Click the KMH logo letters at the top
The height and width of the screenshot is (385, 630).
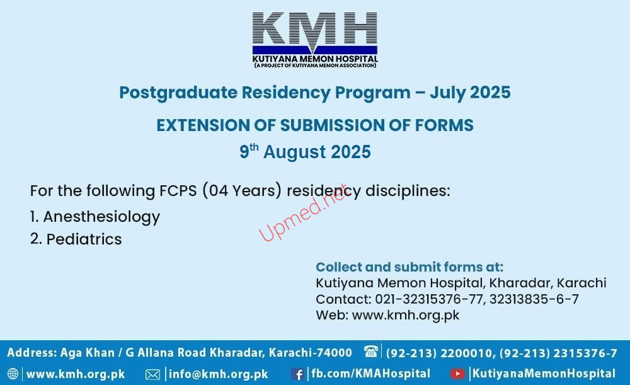pyautogui.click(x=314, y=29)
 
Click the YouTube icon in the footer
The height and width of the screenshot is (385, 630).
pyautogui.click(x=457, y=374)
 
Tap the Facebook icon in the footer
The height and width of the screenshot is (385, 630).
pyautogui.click(x=297, y=374)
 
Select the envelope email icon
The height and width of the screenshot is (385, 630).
pyautogui.click(x=152, y=374)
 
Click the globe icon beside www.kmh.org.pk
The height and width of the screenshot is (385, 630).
pyautogui.click(x=13, y=374)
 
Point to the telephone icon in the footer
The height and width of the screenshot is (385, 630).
pyautogui.click(x=371, y=351)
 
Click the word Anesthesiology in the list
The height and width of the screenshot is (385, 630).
pyautogui.click(x=101, y=217)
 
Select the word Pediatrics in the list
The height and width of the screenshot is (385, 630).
pyautogui.click(x=84, y=239)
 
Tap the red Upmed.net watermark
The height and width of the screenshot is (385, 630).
pyautogui.click(x=303, y=212)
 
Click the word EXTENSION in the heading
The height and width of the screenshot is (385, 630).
pyautogui.click(x=202, y=125)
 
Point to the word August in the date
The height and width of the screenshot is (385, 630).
pyautogui.click(x=294, y=152)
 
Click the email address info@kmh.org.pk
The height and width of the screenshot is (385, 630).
pyautogui.click(x=218, y=374)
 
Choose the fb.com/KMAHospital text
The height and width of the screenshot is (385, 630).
pyautogui.click(x=370, y=374)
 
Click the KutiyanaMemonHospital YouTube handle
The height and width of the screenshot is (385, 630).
pyautogui.click(x=544, y=374)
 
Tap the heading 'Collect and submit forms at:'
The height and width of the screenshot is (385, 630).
pyautogui.click(x=409, y=267)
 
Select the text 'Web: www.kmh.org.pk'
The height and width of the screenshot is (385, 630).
pyautogui.click(x=387, y=316)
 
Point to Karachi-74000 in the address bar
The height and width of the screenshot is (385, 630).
pyautogui.click(x=310, y=352)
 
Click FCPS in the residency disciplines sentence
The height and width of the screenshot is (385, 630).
pyautogui.click(x=178, y=190)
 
